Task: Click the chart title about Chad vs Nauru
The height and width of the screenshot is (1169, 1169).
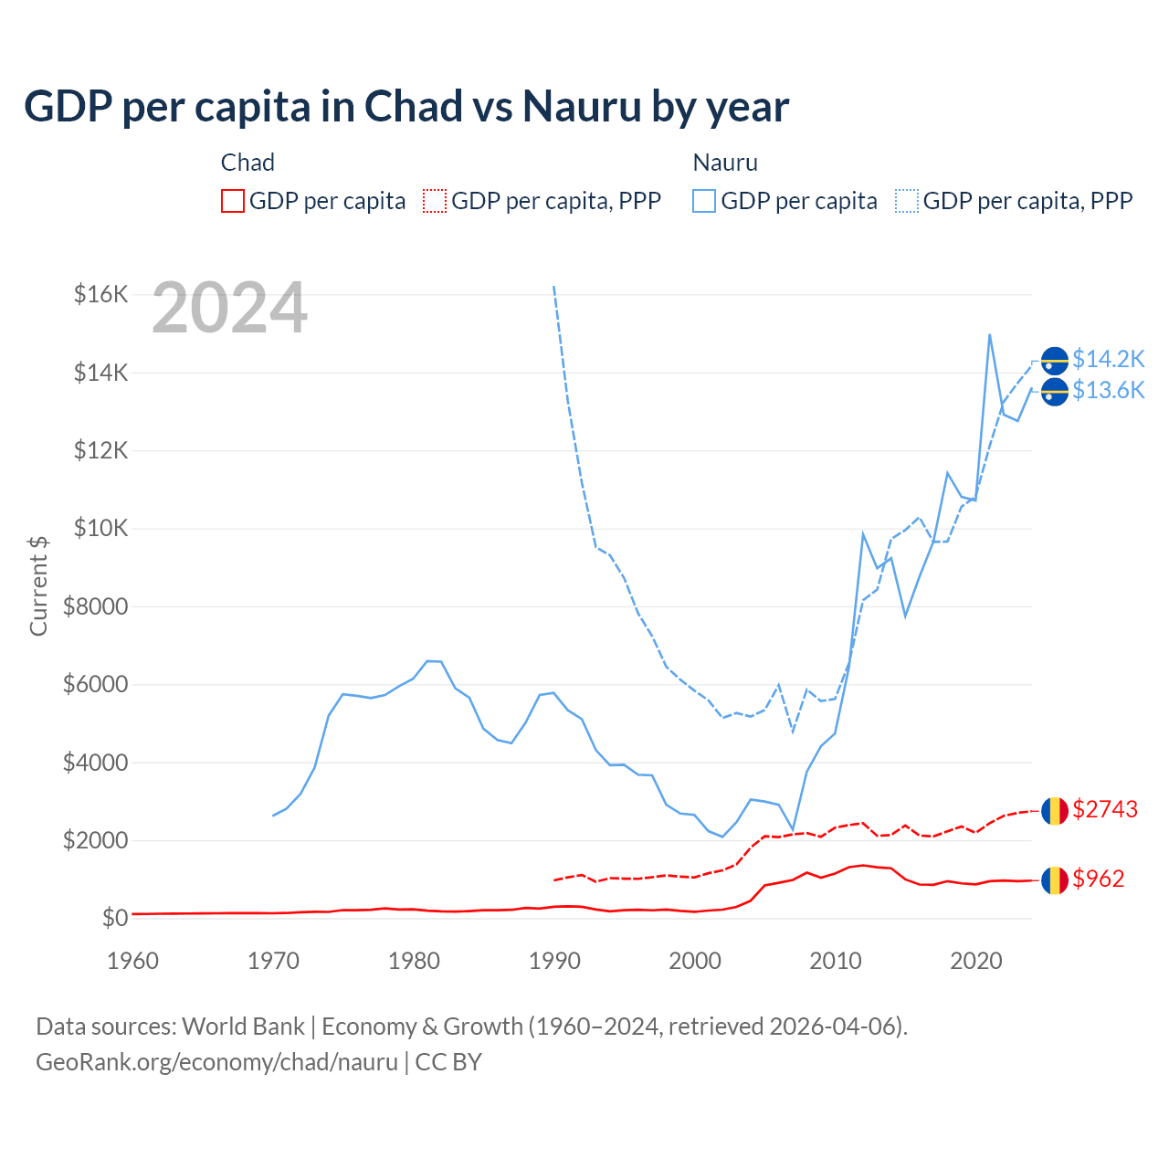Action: (406, 107)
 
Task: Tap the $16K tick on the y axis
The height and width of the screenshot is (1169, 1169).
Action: (100, 294)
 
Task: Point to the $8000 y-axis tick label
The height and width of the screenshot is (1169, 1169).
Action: (95, 606)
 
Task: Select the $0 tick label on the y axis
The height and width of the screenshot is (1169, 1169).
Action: (114, 918)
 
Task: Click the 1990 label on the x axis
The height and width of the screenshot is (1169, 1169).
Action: (554, 961)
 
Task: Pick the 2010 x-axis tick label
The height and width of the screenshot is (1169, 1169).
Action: (836, 961)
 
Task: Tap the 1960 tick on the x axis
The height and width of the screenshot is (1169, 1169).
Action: (133, 961)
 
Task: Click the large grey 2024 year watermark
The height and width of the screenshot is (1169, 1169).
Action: (229, 309)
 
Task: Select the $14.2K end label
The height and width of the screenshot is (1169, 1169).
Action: (1108, 359)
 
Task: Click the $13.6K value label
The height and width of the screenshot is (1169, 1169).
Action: (1108, 391)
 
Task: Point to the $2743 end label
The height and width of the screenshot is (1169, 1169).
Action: (1105, 809)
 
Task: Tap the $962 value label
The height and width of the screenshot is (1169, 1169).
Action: (1098, 879)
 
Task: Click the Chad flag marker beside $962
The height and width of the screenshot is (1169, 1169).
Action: (1055, 880)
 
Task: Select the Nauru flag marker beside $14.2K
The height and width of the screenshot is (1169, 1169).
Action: (1055, 361)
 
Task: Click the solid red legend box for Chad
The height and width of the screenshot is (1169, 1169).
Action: (233, 201)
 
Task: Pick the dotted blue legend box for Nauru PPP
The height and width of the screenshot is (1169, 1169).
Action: (907, 201)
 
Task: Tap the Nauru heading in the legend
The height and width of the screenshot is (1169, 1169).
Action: (725, 163)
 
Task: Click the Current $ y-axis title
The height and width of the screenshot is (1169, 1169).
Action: (38, 586)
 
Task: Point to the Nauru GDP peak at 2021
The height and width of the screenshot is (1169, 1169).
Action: (990, 334)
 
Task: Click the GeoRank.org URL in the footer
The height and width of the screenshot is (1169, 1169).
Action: (217, 1062)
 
